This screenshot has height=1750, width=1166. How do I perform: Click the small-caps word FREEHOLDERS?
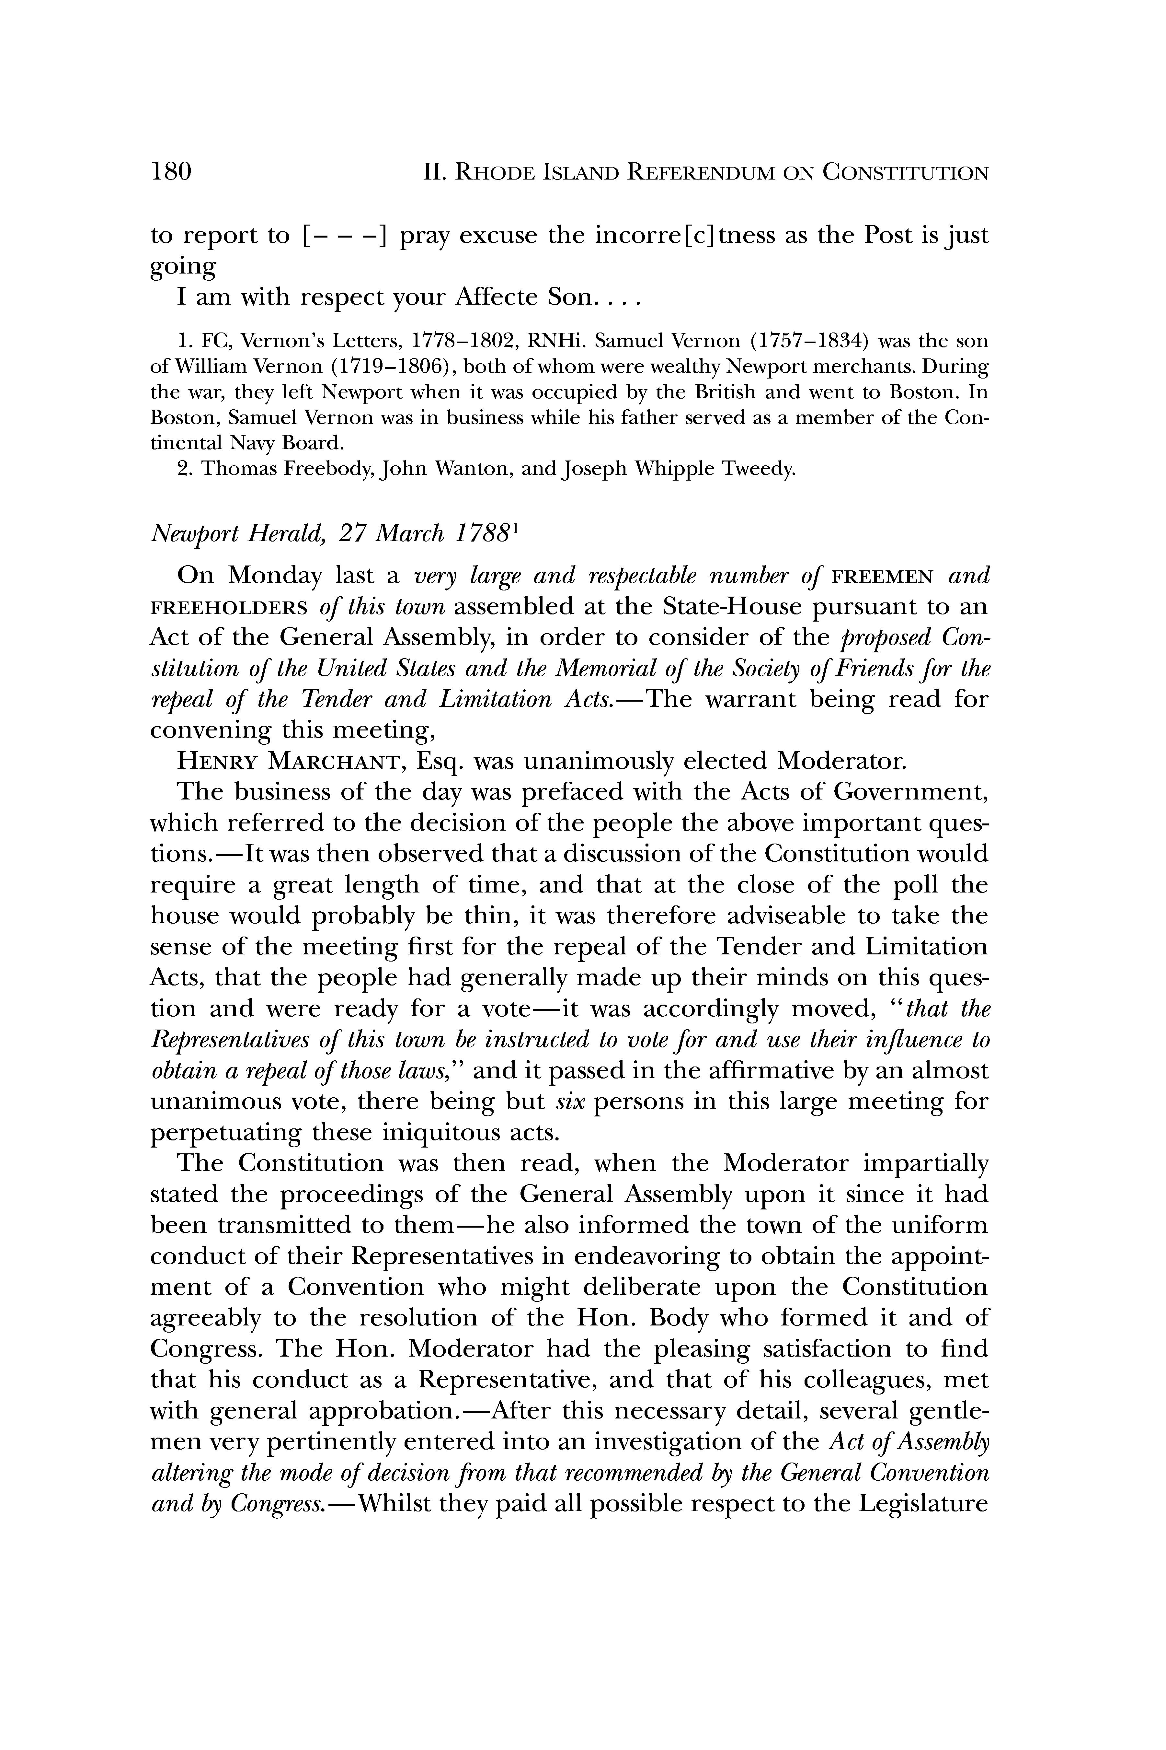point(229,607)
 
